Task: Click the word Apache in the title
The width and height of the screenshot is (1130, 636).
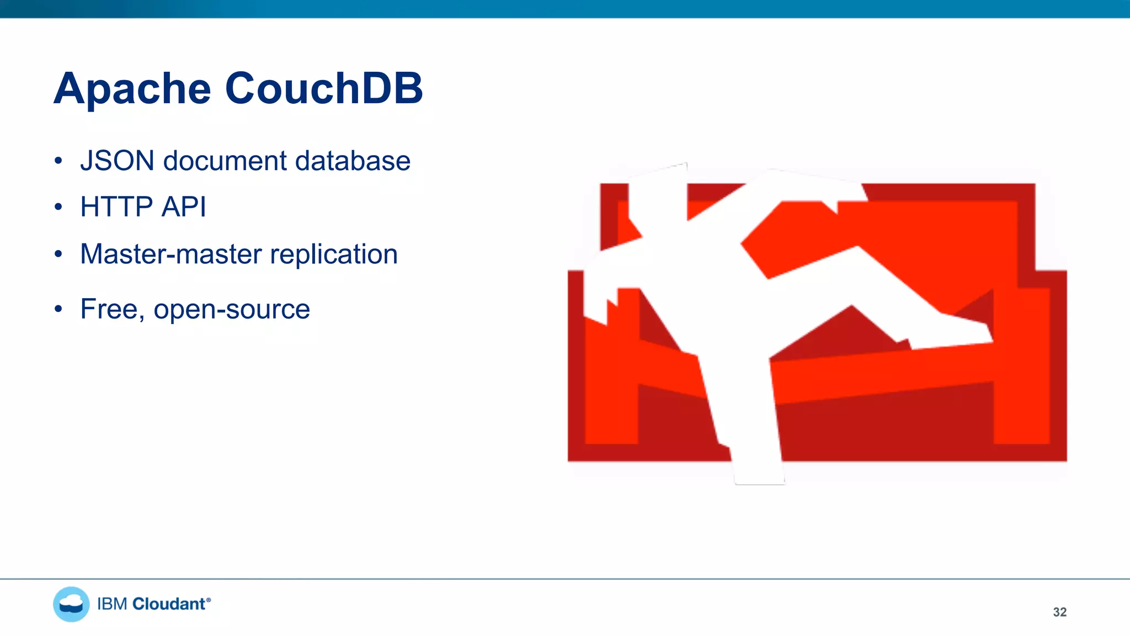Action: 132,89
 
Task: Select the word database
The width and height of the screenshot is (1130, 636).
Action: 353,161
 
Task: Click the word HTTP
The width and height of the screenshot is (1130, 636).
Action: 116,208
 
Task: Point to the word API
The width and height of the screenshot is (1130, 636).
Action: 184,208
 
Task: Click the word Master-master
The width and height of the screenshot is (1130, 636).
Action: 171,255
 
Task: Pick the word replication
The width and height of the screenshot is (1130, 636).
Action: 334,255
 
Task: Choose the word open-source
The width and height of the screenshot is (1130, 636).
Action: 232,310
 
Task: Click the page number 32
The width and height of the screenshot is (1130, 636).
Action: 1059,612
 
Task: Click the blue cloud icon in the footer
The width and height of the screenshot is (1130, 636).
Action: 71,604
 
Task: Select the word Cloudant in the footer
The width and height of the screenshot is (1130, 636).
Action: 169,604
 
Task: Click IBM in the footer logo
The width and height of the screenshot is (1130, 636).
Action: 112,604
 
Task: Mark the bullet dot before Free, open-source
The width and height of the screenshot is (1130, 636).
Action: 58,309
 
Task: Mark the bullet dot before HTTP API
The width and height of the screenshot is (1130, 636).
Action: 58,208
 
